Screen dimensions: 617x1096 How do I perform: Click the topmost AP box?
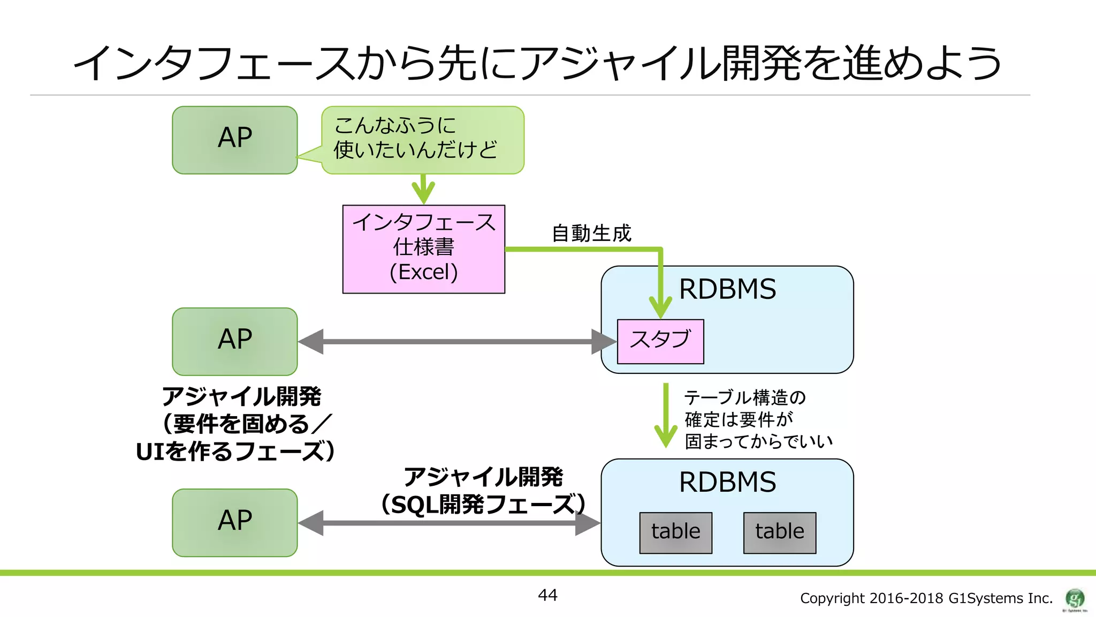(x=234, y=140)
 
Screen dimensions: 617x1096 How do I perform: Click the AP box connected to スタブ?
(x=234, y=341)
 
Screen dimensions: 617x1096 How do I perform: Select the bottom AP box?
(x=234, y=522)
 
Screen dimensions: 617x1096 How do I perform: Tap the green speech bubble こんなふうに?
(x=423, y=139)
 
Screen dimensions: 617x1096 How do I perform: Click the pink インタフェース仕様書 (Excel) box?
(x=423, y=249)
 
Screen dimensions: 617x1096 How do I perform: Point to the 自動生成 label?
(x=591, y=234)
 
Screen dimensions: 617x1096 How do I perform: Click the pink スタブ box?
(x=660, y=341)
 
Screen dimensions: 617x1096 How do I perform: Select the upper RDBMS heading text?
(x=727, y=289)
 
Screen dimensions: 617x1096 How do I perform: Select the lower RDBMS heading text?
(x=727, y=482)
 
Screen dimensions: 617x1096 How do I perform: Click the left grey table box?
(x=675, y=532)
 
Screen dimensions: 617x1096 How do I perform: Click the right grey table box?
(x=779, y=532)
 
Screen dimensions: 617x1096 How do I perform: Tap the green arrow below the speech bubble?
(x=423, y=189)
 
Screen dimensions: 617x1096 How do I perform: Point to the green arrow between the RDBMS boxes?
(x=666, y=415)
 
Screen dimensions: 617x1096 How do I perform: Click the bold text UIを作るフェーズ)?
(x=235, y=452)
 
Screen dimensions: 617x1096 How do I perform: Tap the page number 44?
(x=547, y=595)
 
